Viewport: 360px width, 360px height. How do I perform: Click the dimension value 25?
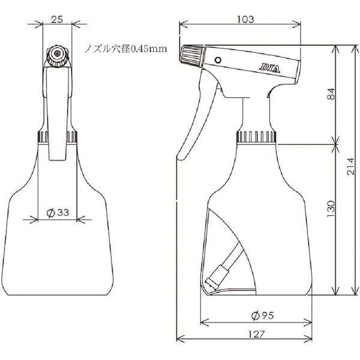pyautogui.click(x=57, y=20)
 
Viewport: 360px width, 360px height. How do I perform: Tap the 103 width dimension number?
pyautogui.click(x=245, y=20)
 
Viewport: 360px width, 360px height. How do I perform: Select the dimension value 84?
pyautogui.click(x=331, y=94)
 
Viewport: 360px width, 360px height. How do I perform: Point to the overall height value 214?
pyautogui.click(x=350, y=167)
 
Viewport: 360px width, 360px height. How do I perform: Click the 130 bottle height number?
pyautogui.click(x=331, y=209)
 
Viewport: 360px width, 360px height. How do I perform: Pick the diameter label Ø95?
pyautogui.click(x=263, y=316)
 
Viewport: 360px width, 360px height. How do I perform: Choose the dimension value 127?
pyautogui.click(x=256, y=334)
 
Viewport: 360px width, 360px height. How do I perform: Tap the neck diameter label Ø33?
pyautogui.click(x=58, y=212)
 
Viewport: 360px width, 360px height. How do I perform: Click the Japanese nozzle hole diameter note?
pyautogui.click(x=126, y=49)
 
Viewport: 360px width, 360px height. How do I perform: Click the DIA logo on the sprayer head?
pyautogui.click(x=270, y=68)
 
